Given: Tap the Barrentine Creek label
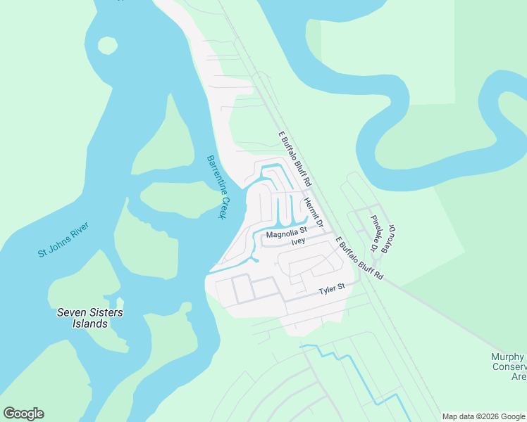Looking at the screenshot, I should (215, 187).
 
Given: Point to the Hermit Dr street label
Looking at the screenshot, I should (312, 213).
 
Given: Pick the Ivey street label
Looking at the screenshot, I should (298, 241).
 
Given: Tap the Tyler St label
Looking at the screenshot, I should (331, 288).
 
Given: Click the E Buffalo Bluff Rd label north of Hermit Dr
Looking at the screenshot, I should (295, 159).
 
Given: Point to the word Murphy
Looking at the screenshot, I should (507, 357).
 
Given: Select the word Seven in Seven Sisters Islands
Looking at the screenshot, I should (70, 312).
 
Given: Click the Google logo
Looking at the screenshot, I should (23, 414).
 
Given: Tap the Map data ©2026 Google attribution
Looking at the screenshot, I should (484, 416).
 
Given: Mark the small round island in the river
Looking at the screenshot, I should (107, 46).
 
